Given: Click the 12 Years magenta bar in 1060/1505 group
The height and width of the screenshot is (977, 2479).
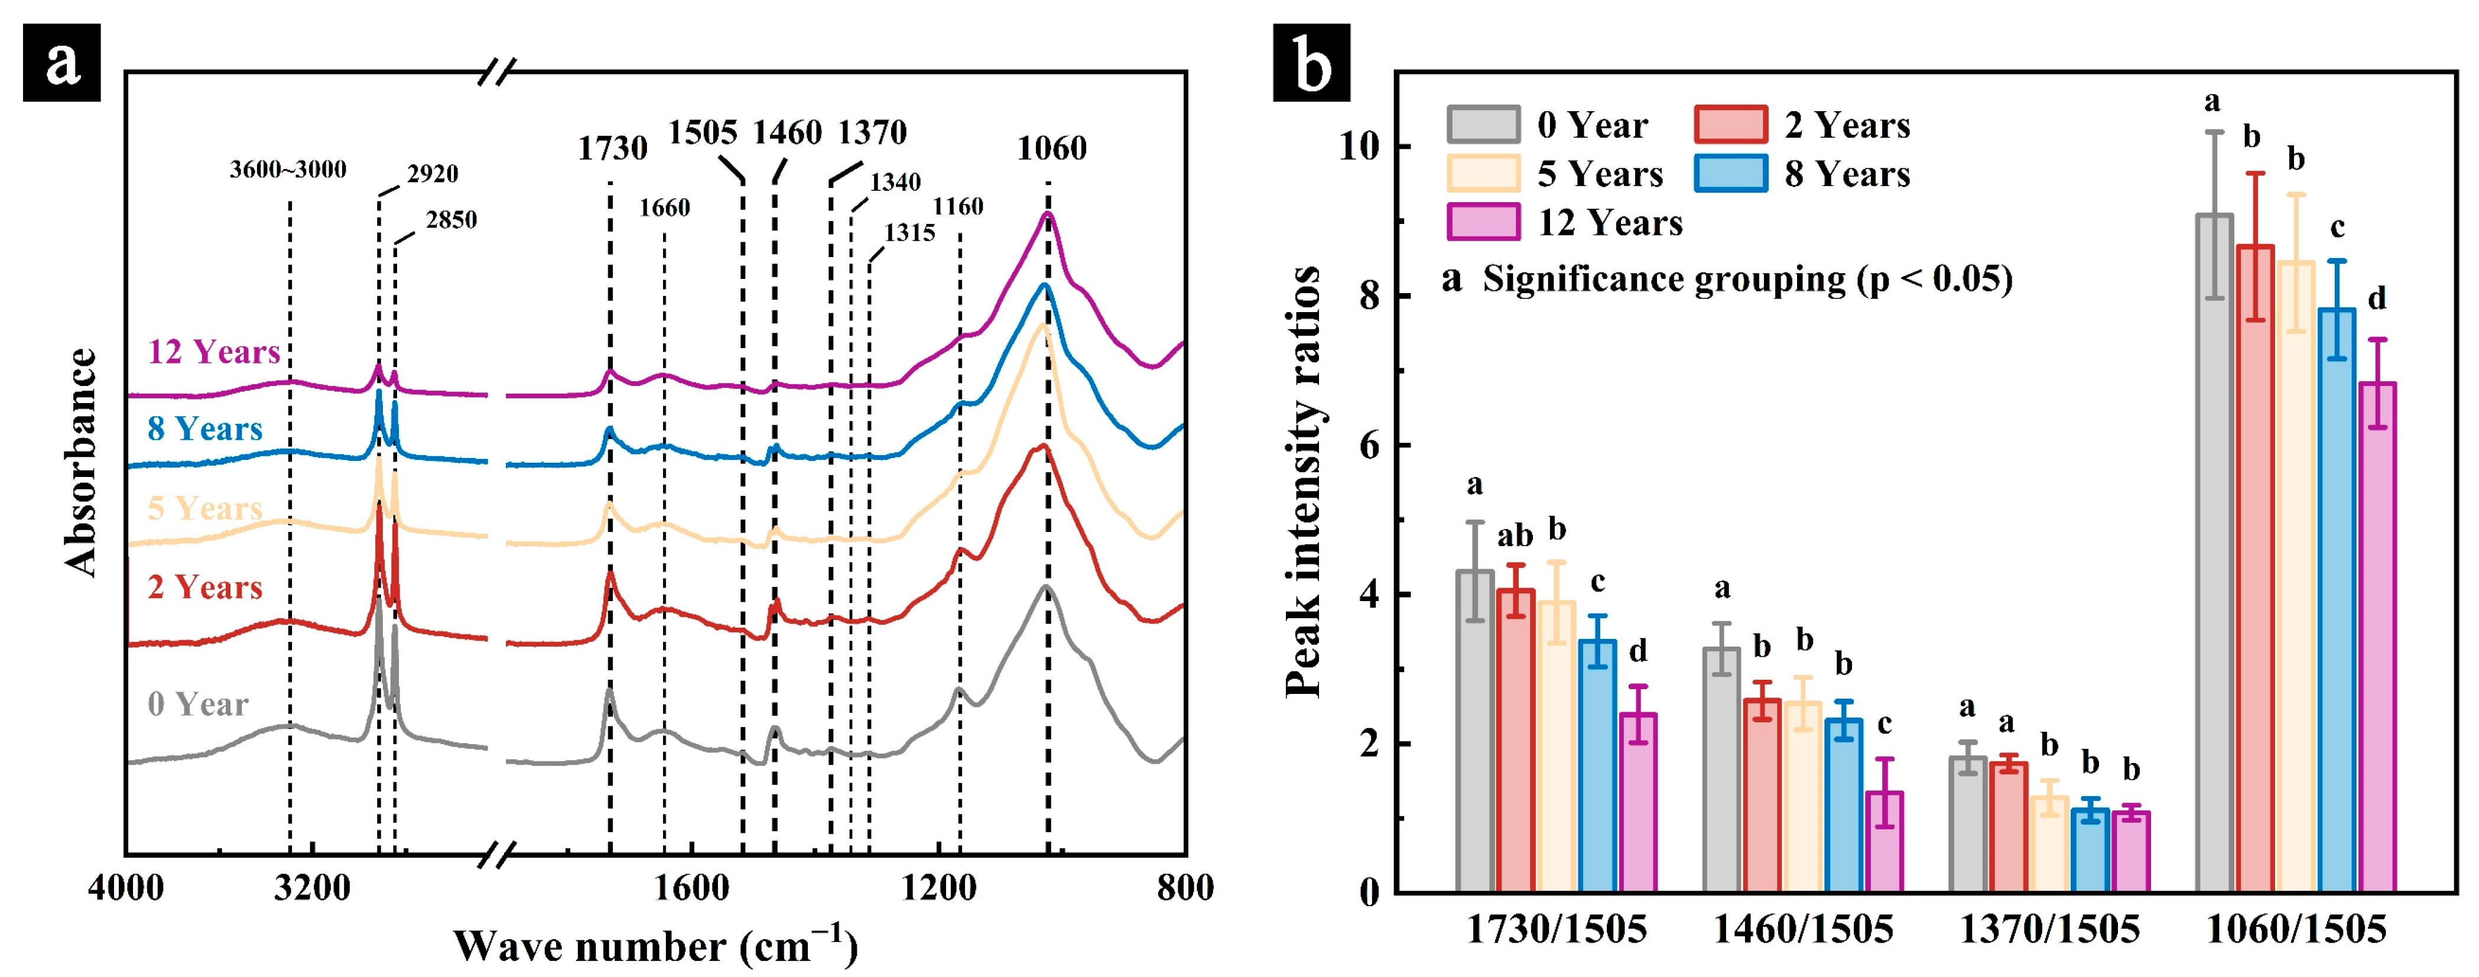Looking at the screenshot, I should [x=2376, y=637].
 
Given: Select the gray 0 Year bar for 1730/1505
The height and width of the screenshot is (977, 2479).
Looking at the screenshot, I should [x=1474, y=732].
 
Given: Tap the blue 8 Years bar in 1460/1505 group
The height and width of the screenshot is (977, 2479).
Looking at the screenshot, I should [x=1843, y=806].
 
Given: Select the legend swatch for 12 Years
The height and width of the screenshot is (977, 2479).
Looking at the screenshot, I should [x=1483, y=222].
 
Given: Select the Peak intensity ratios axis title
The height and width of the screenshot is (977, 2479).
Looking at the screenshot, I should [x=1304, y=481].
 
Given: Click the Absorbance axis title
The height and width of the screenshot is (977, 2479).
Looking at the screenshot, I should [x=81, y=462].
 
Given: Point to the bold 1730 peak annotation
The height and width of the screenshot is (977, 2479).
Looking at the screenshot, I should [x=613, y=148].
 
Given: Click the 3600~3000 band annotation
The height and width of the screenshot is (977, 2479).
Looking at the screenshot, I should [x=288, y=170].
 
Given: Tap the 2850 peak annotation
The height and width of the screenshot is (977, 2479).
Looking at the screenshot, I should [x=451, y=220].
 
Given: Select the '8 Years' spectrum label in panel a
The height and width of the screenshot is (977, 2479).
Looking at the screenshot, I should [x=205, y=429].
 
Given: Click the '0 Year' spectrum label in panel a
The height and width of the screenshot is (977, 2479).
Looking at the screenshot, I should [x=198, y=705].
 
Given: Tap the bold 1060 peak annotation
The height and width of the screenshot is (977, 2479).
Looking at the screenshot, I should [x=1052, y=148].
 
